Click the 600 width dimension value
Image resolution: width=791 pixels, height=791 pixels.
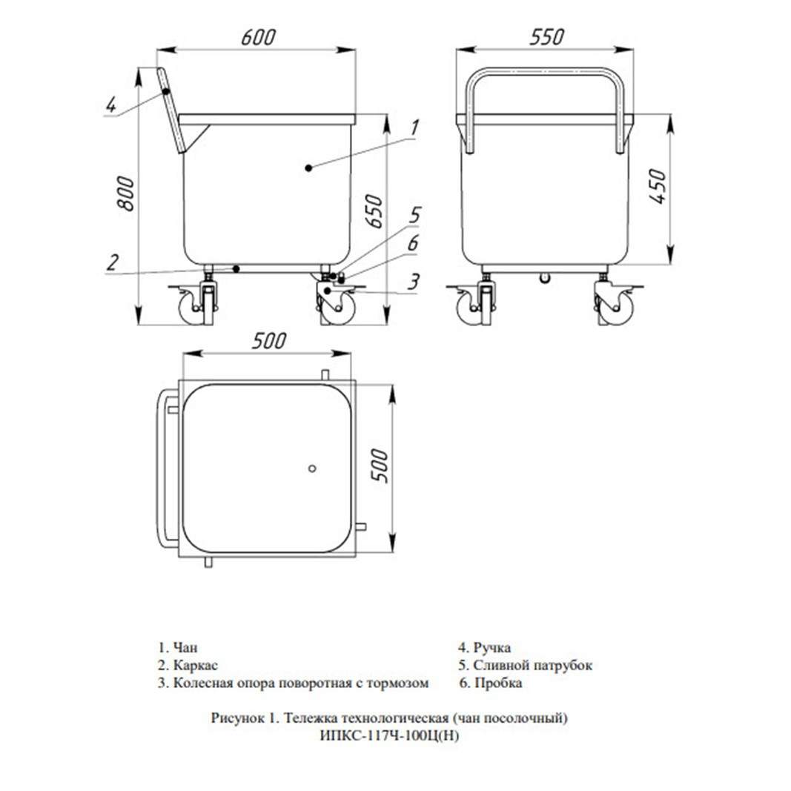click(x=258, y=37)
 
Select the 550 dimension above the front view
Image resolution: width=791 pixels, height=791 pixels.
click(x=547, y=37)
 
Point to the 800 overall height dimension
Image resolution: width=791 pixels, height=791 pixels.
click(x=125, y=193)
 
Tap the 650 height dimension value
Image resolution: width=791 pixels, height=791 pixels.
click(x=374, y=211)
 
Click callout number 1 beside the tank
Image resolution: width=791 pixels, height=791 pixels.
click(x=414, y=128)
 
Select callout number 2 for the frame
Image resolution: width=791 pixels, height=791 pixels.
click(x=112, y=262)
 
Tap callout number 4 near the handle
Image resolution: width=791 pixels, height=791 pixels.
click(x=110, y=105)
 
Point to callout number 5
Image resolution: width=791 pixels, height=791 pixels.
click(x=414, y=215)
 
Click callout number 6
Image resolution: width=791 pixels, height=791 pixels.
click(x=413, y=243)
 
